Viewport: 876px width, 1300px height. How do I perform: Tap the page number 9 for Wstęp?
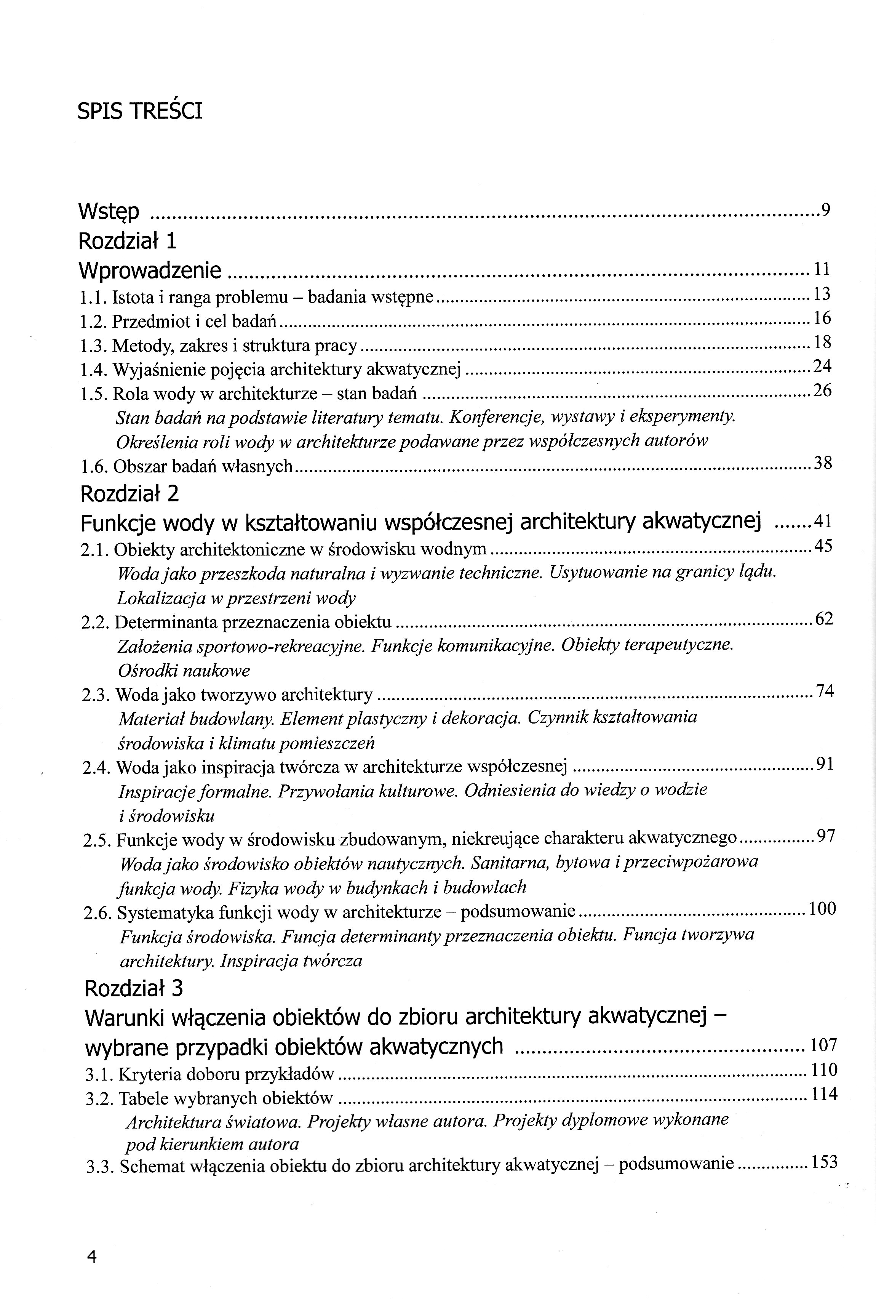(x=825, y=210)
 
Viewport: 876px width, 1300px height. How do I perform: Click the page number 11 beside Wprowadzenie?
(x=822, y=269)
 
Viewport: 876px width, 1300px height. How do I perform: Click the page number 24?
(x=822, y=367)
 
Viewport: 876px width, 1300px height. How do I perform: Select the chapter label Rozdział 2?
(x=129, y=493)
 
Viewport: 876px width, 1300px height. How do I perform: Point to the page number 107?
(x=823, y=1045)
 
